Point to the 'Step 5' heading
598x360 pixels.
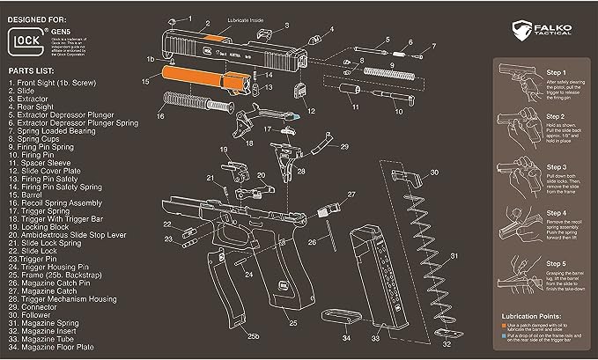click(x=556, y=264)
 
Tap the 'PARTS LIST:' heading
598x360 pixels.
click(x=35, y=69)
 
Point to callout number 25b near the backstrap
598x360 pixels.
click(x=254, y=335)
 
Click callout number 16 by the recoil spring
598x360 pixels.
click(x=161, y=115)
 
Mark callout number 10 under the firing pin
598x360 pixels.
click(x=398, y=113)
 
